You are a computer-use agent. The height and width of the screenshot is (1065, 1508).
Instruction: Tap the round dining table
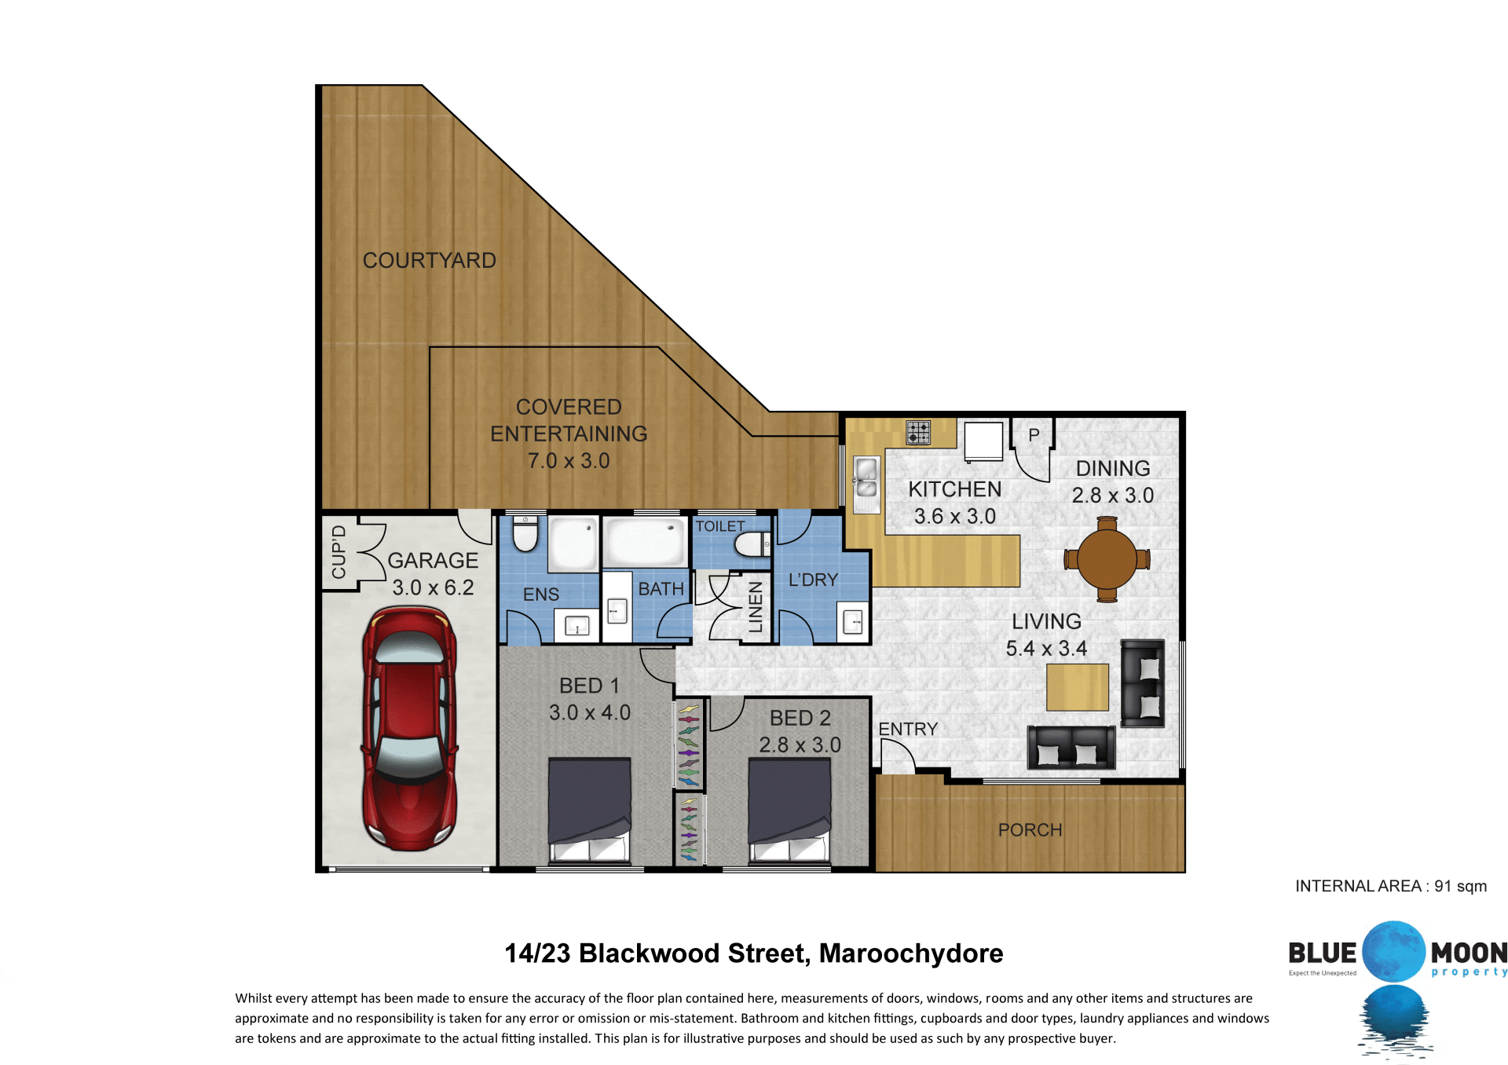pyautogui.click(x=1107, y=559)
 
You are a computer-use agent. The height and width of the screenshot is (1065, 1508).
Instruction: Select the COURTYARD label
pyautogui.click(x=429, y=260)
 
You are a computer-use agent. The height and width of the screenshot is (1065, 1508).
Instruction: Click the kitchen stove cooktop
pyautogui.click(x=918, y=433)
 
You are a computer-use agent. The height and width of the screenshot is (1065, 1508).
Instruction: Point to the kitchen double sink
pyautogui.click(x=866, y=479)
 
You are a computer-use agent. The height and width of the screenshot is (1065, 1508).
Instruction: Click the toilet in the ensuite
pyautogui.click(x=525, y=534)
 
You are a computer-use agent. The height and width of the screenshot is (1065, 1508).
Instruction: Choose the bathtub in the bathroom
pyautogui.click(x=645, y=541)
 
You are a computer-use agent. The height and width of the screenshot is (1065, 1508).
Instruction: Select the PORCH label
pyautogui.click(x=1030, y=830)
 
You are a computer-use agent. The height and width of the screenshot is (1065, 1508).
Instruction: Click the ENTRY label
pyautogui.click(x=908, y=729)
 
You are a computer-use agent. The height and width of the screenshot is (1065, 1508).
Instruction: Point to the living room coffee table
pyautogui.click(x=1078, y=687)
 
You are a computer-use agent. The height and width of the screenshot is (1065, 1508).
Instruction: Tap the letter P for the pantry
pyautogui.click(x=1034, y=434)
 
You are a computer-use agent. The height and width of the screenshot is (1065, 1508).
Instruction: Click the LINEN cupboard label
pyautogui.click(x=756, y=607)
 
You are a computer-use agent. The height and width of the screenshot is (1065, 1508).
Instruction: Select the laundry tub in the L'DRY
pyautogui.click(x=853, y=622)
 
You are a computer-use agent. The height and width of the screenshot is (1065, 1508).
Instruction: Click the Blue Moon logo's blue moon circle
pyautogui.click(x=1393, y=952)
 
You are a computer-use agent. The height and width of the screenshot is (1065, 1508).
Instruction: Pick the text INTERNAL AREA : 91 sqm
pyautogui.click(x=1391, y=886)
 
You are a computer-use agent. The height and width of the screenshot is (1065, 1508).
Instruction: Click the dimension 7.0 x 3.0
pyautogui.click(x=569, y=461)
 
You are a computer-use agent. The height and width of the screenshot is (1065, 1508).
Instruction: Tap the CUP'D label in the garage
pyautogui.click(x=339, y=552)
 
